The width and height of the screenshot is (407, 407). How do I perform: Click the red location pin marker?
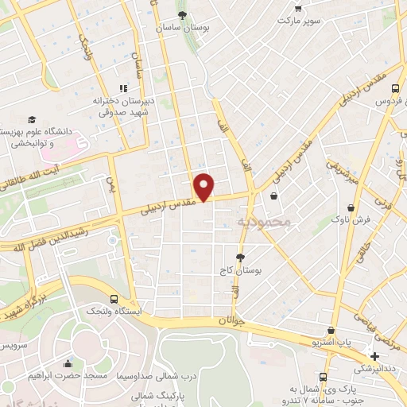pos(204,186)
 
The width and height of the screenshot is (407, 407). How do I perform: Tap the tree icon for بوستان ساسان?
pos(184,15)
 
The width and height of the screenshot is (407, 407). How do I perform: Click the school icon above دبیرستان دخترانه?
pos(122,88)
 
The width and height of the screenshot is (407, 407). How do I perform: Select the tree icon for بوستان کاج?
pos(241,258)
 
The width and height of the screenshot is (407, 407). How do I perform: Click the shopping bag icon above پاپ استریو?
pos(331,330)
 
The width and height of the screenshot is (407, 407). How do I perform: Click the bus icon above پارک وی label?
pos(323,377)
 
